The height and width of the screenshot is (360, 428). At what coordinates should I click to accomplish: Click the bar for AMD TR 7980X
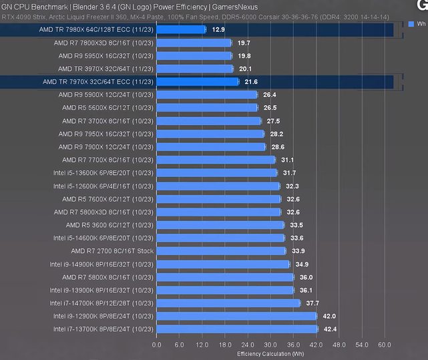click(x=181, y=29)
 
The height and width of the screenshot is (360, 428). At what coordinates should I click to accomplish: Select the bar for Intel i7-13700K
click(x=236, y=329)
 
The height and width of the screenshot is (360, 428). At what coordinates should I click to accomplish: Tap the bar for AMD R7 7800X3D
click(x=194, y=43)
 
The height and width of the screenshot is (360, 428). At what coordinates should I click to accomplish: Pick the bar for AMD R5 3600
click(x=220, y=225)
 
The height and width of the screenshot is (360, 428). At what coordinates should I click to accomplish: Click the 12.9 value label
click(x=218, y=29)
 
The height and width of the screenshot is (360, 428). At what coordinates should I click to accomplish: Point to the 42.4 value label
click(x=330, y=329)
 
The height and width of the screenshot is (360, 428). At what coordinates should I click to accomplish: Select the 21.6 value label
click(x=251, y=81)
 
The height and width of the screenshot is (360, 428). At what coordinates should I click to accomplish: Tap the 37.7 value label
click(x=312, y=303)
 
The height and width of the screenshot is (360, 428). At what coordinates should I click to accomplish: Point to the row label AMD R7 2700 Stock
click(x=112, y=251)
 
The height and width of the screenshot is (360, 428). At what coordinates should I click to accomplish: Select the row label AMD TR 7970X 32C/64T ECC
click(x=97, y=81)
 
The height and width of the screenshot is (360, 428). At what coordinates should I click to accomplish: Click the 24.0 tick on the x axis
click(x=248, y=345)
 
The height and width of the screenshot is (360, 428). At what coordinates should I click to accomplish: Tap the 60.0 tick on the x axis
click(x=384, y=345)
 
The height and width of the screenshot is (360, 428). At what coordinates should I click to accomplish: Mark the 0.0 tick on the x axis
click(x=157, y=345)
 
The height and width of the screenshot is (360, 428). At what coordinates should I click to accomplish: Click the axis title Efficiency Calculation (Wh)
click(x=270, y=353)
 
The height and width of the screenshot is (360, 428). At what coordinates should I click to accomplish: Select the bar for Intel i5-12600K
click(x=217, y=186)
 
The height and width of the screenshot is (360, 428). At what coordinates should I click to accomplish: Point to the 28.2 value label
click(x=276, y=134)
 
